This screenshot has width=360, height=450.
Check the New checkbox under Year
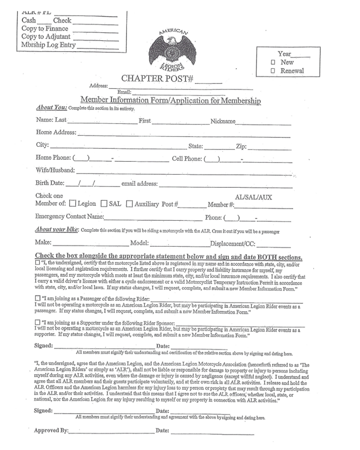tap(273, 62)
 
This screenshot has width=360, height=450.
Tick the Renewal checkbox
tap(273, 71)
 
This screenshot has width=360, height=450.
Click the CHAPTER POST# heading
tap(158, 79)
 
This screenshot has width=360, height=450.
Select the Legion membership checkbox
tap(73, 204)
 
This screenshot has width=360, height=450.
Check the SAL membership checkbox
tap(104, 204)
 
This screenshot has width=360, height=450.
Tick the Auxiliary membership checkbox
tap(129, 204)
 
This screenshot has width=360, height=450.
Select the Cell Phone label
tap(186, 158)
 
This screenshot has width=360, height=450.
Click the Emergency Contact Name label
tap(69, 217)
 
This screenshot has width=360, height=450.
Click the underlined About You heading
tap(51, 108)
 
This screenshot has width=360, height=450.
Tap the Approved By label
tap(51, 431)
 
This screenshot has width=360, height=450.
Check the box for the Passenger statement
tap(38, 298)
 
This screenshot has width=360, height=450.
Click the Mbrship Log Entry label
tap(48, 44)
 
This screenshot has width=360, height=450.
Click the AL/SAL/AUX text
tap(253, 197)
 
